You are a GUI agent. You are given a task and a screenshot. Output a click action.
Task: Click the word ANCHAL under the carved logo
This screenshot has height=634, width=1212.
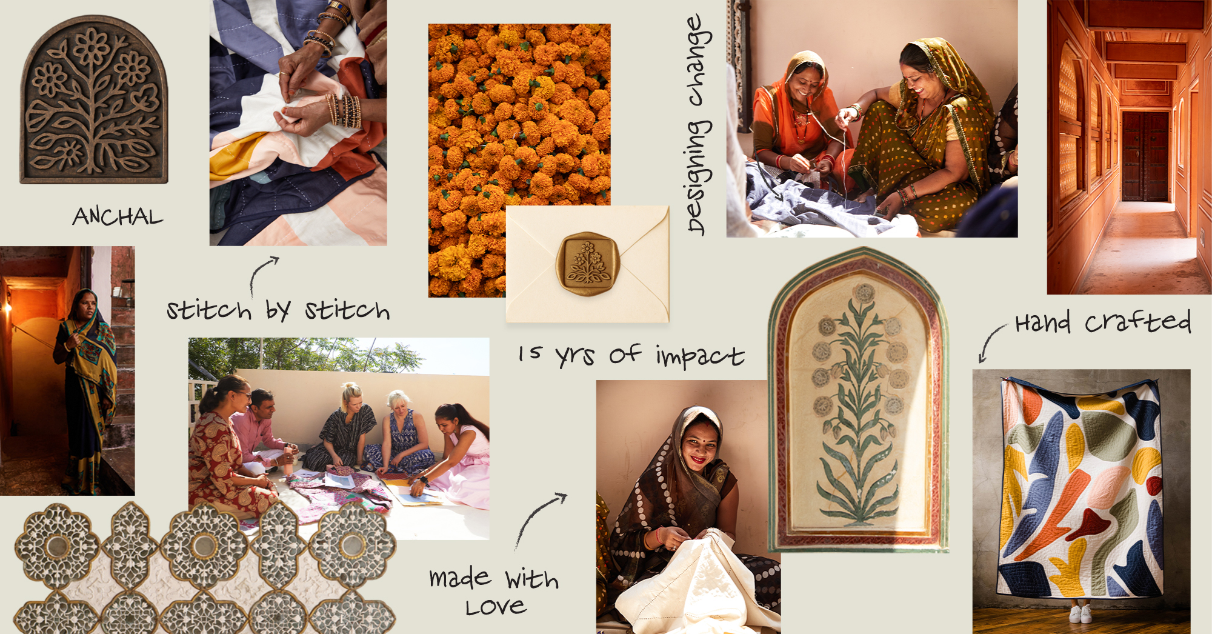tap(118, 216)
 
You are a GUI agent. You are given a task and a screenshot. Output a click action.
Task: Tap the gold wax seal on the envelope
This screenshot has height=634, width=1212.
tap(588, 264)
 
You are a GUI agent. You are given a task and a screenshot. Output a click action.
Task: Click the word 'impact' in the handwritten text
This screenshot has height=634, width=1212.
tap(700, 356)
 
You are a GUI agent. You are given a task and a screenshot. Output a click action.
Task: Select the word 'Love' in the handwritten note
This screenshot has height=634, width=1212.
tap(496, 607)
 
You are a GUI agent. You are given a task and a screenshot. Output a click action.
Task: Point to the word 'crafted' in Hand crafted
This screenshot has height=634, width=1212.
tap(1138, 322)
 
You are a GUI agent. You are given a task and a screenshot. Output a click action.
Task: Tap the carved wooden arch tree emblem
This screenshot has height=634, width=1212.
tap(94, 100)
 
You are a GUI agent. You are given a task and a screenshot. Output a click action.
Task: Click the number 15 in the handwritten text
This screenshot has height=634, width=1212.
tap(530, 353)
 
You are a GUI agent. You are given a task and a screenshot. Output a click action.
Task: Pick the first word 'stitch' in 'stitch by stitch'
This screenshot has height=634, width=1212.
tap(209, 310)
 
